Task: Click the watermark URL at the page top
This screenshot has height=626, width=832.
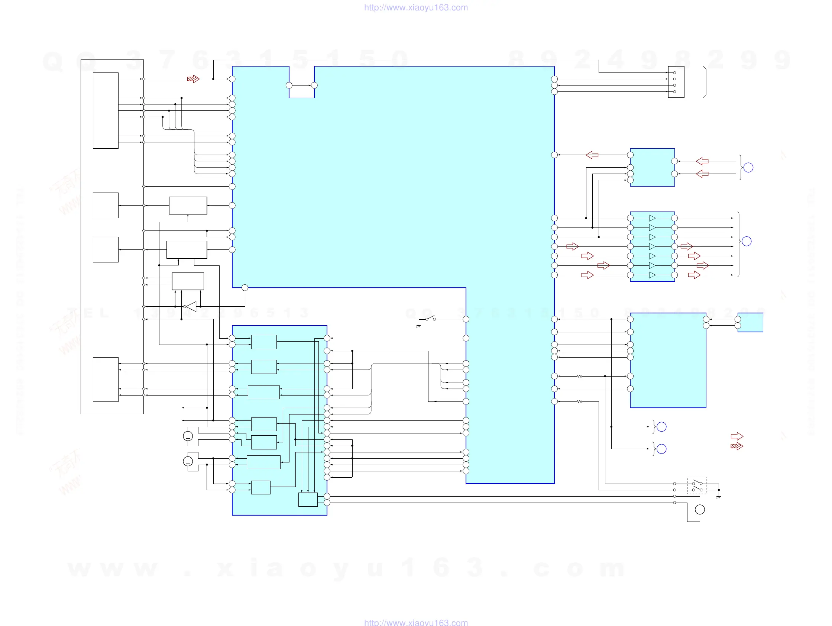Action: (x=415, y=7)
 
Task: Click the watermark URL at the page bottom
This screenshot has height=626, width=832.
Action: (x=415, y=622)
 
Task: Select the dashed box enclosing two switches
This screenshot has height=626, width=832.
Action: (x=696, y=485)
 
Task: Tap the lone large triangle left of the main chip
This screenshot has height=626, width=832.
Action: (x=191, y=307)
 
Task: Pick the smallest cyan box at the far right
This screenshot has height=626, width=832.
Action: (x=750, y=322)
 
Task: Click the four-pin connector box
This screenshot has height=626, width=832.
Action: (x=676, y=82)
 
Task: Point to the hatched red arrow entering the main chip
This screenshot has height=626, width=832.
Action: (x=193, y=79)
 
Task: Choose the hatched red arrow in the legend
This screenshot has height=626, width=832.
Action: (x=737, y=446)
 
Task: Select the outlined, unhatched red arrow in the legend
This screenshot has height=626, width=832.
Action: (x=737, y=436)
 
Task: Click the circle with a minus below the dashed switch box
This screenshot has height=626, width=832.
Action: (x=700, y=510)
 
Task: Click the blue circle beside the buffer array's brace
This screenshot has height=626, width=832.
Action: (x=747, y=241)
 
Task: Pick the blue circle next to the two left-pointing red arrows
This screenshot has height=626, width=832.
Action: (x=748, y=167)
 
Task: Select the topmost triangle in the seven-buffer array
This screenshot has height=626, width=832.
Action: (x=652, y=218)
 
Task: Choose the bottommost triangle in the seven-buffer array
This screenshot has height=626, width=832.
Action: (x=652, y=275)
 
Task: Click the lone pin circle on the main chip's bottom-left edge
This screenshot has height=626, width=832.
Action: (x=245, y=288)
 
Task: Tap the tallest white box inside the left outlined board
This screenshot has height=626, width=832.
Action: (x=106, y=111)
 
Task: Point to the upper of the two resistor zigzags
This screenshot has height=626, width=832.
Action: (x=580, y=376)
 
